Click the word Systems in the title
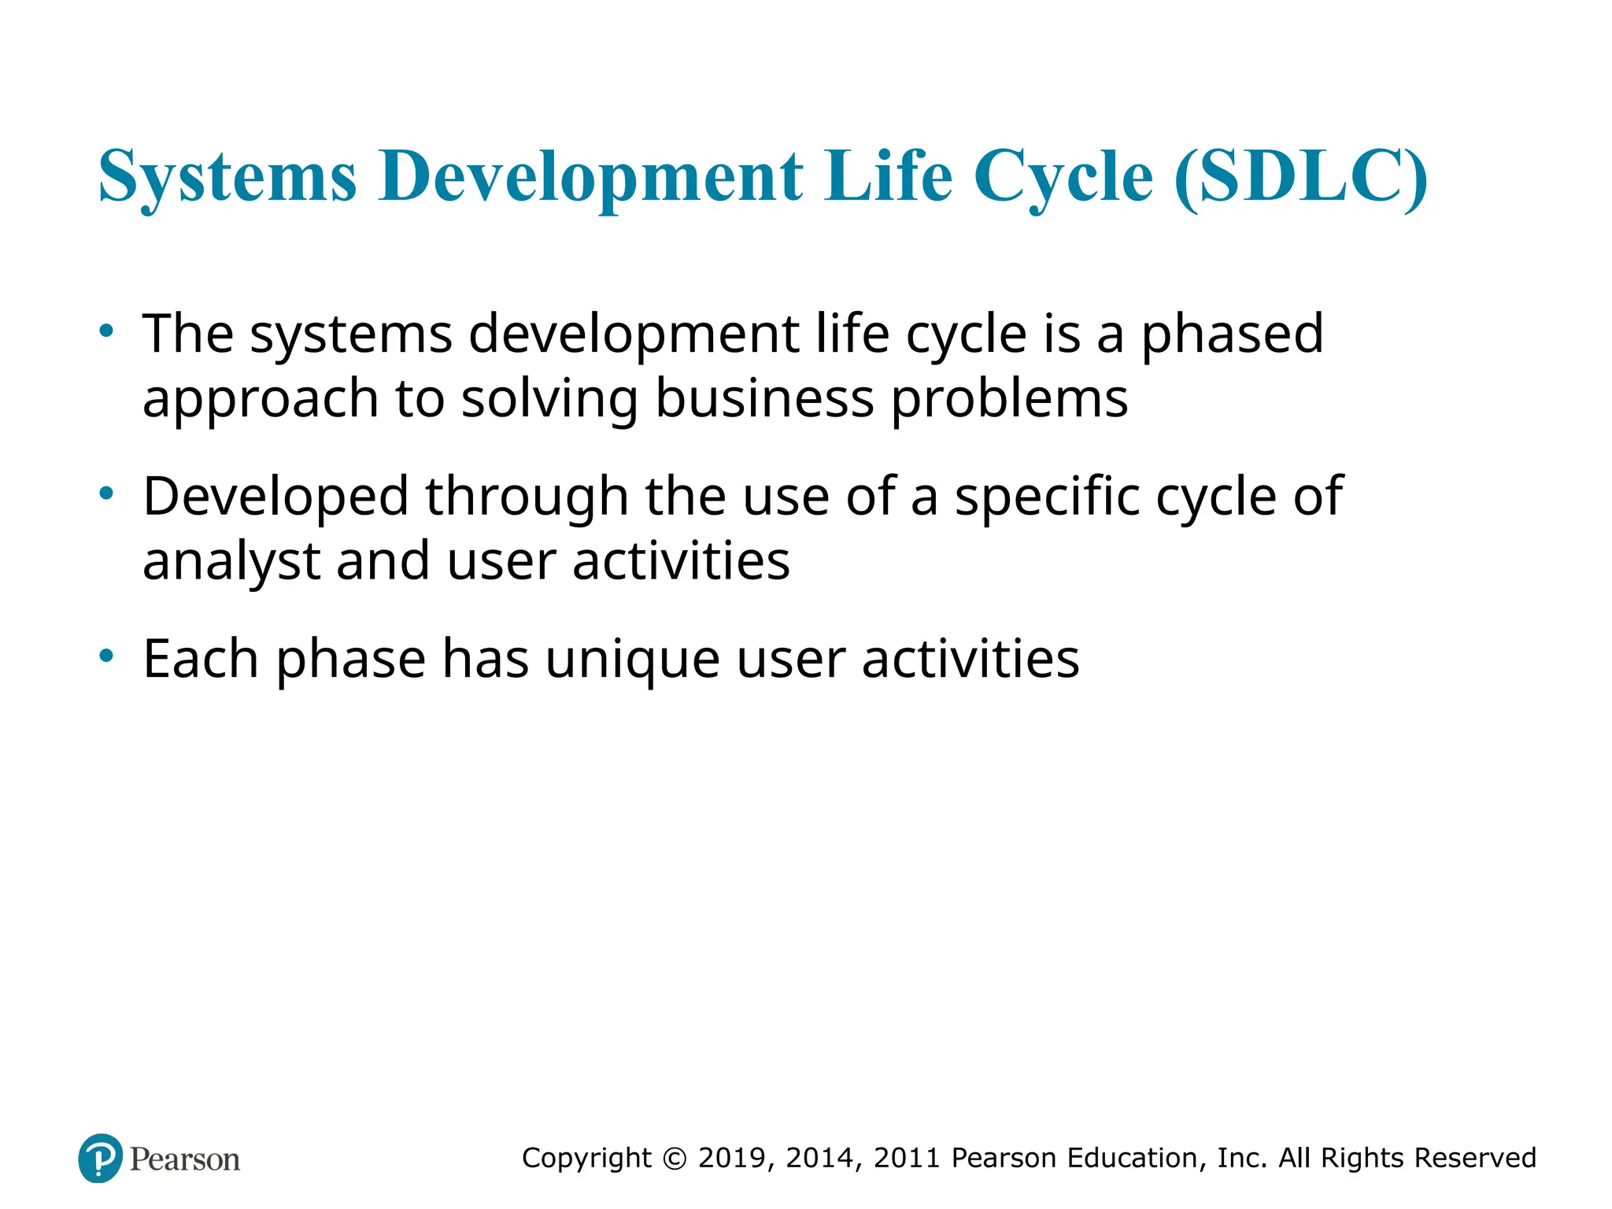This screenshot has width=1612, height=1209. [227, 176]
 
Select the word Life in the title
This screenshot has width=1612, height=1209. [889, 176]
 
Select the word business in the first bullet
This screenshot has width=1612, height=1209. [764, 398]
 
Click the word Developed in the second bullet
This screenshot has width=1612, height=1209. [275, 497]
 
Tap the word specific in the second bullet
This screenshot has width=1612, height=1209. [1047, 497]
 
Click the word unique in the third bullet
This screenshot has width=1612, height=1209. [632, 660]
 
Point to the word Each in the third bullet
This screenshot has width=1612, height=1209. [200, 659]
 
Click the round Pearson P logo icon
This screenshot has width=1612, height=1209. [101, 1159]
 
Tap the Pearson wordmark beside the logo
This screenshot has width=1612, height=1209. [185, 1159]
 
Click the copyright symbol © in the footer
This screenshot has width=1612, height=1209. [675, 1159]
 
